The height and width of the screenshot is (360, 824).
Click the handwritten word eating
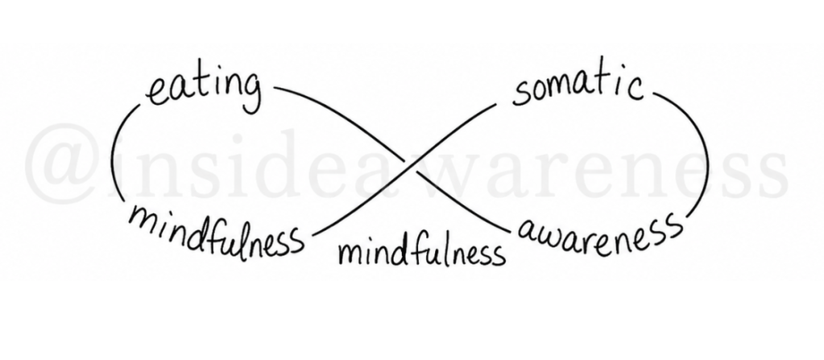click(x=204, y=90)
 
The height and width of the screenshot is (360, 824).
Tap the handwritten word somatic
click(x=578, y=88)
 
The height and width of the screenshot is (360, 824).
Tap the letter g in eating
click(x=251, y=93)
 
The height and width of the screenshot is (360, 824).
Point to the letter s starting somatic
click(x=521, y=93)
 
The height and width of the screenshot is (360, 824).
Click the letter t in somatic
click(x=603, y=84)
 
